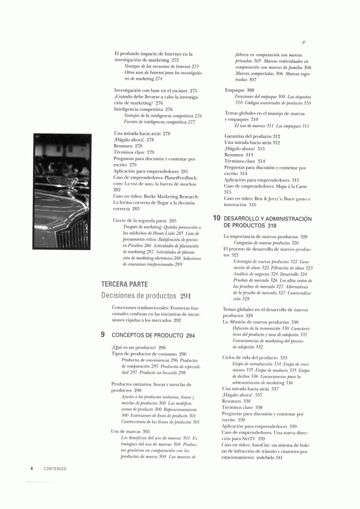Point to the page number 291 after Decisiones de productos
[x=185, y=296]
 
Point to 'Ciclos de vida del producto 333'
[x=255, y=357]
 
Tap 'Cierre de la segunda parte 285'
[x=145, y=221]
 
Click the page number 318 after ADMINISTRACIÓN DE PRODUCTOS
[x=272, y=225]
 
